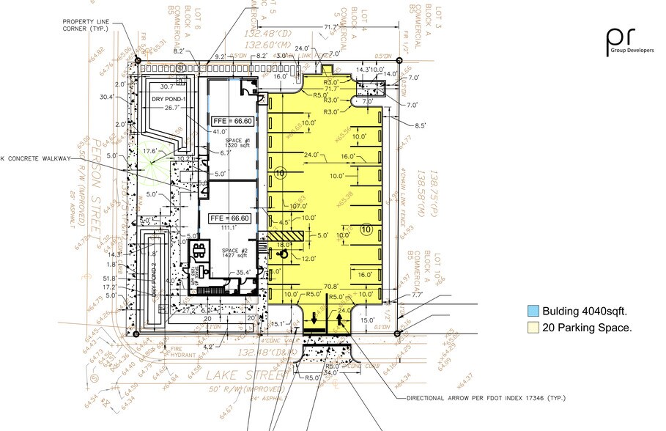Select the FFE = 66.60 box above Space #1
(x=231, y=120)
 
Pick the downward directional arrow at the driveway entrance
(x=314, y=318)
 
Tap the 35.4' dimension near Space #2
(x=243, y=273)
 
